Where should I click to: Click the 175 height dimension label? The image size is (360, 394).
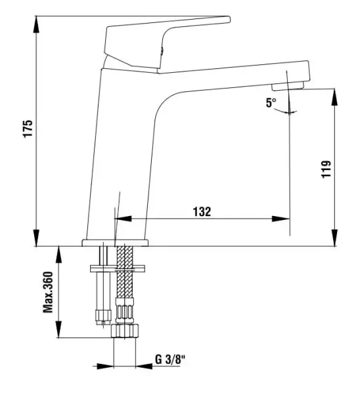pyautogui.click(x=27, y=129)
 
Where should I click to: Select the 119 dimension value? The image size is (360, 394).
pyautogui.click(x=326, y=169)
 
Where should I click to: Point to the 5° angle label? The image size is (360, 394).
pyautogui.click(x=271, y=103)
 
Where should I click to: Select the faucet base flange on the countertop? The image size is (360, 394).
pyautogui.click(x=115, y=243)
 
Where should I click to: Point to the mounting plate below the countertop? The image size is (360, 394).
pyautogui.click(x=118, y=269)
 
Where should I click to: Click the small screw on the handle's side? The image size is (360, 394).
pyautogui.click(x=160, y=48)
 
